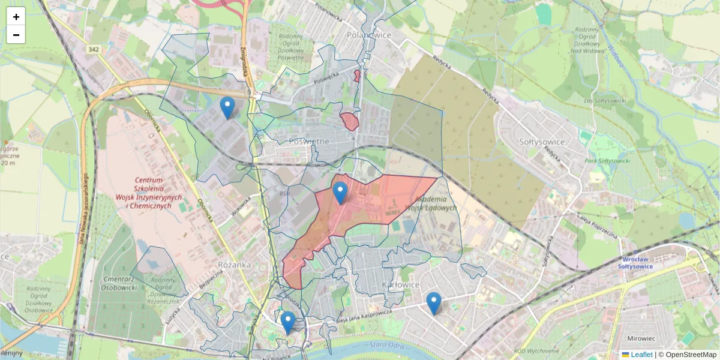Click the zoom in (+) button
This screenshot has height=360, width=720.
(16, 17)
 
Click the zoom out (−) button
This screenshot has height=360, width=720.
(16, 35)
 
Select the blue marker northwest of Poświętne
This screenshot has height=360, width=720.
(227, 107)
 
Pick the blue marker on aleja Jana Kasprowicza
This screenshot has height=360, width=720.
(434, 303)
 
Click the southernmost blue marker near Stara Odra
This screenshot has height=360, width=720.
(288, 322)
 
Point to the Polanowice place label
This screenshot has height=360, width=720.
(369, 35)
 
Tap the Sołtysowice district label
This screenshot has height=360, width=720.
(541, 142)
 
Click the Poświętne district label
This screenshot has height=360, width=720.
(309, 141)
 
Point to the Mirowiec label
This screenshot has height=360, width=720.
(637, 338)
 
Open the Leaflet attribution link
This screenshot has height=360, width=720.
(641, 355)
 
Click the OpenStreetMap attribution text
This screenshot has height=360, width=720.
(691, 355)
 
